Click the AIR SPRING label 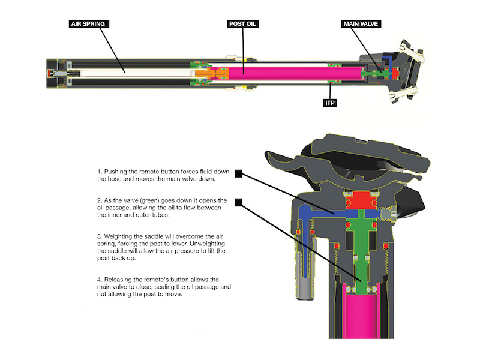(x=89, y=24)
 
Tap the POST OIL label (x=243, y=24)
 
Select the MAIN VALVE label (x=361, y=24)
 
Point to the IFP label (x=330, y=103)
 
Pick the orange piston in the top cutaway (x=211, y=73)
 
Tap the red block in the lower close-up (x=362, y=200)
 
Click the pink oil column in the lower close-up (x=362, y=317)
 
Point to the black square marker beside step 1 (x=239, y=174)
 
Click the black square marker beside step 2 (x=239, y=202)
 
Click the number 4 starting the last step (x=99, y=280)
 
